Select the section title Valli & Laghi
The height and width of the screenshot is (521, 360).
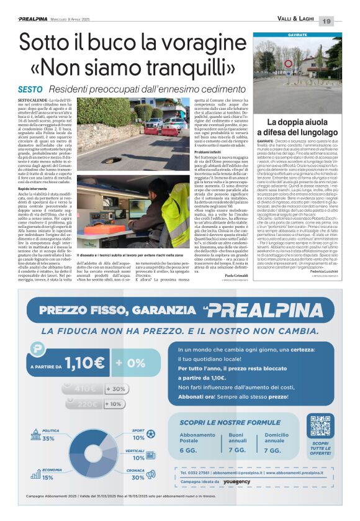[x=296, y=21]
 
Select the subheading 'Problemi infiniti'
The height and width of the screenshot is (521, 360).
[x=210, y=152]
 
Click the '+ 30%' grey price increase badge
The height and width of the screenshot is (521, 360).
[x=117, y=389]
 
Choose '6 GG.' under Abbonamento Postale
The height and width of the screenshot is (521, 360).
[x=188, y=450]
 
